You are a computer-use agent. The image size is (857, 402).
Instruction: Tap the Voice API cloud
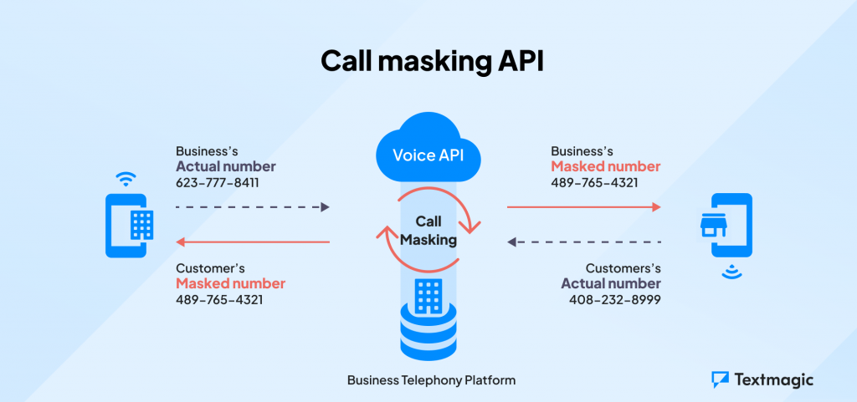point(428,154)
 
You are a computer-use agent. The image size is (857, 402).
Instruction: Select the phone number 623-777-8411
point(217,182)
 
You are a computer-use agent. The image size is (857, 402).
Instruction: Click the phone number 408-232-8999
point(614,299)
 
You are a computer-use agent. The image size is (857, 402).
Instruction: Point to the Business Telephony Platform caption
point(431,380)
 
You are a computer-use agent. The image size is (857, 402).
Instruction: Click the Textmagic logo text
point(774,379)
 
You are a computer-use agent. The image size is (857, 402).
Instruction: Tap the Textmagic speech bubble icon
point(720,379)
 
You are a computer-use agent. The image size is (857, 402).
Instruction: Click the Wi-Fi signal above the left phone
point(126,179)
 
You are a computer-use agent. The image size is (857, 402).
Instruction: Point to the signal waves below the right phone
point(730,271)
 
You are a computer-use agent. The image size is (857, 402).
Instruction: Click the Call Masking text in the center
point(428,232)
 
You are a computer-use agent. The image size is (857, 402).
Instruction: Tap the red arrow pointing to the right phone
point(583,206)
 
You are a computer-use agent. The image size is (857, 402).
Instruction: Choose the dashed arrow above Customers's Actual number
point(583,242)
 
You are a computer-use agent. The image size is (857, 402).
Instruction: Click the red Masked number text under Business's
point(605,166)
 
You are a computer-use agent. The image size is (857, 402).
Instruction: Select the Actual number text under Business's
point(225,166)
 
